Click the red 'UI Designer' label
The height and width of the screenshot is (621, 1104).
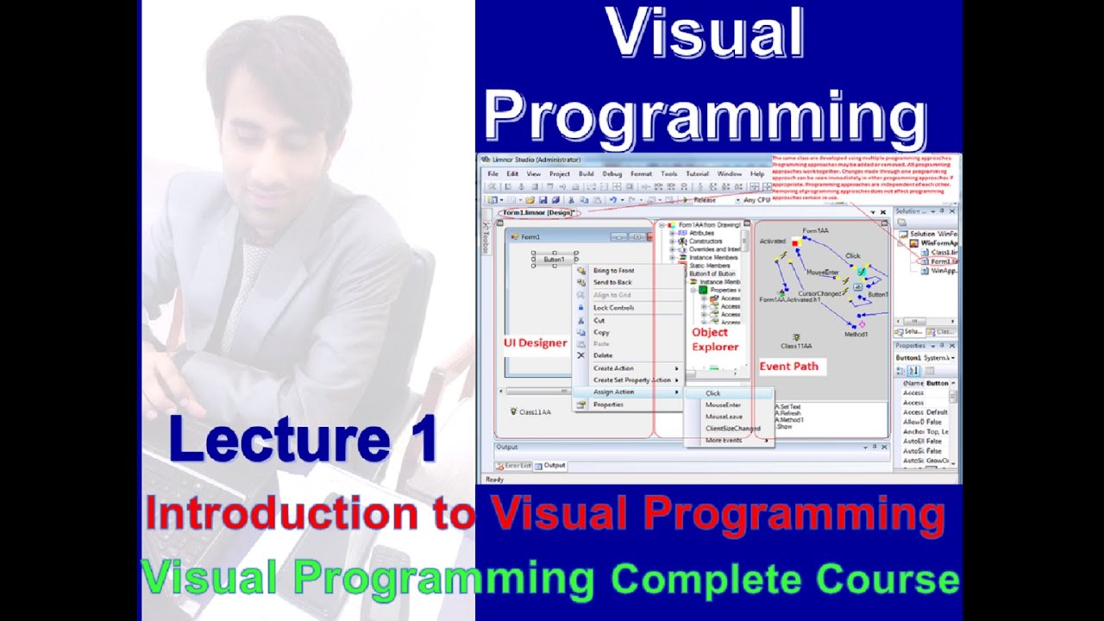pos(535,343)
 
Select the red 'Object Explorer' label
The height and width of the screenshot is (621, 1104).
pos(715,340)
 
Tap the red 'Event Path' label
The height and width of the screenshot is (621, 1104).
pos(788,367)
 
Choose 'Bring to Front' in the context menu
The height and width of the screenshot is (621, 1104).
pos(613,271)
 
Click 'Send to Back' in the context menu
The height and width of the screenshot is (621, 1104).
pos(612,283)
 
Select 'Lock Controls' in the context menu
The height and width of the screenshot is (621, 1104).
pos(613,308)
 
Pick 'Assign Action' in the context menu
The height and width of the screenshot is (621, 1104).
pos(613,392)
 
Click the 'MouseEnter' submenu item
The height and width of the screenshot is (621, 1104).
pos(723,405)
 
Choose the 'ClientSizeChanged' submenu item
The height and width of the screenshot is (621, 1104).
pos(732,429)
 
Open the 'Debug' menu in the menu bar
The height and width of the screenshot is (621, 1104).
pos(612,174)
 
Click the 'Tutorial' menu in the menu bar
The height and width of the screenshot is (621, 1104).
pos(697,174)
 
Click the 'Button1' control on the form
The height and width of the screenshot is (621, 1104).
pos(554,260)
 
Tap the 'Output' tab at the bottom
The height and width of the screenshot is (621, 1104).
pos(554,466)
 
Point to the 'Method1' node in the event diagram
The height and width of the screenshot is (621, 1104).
pos(856,334)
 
